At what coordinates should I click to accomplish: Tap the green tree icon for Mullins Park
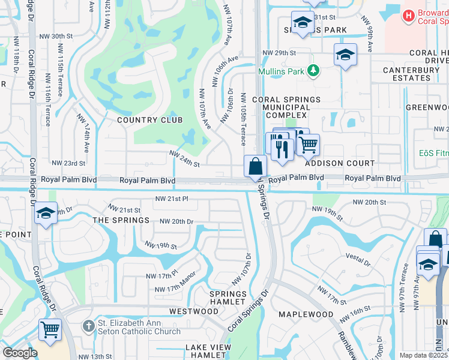312,71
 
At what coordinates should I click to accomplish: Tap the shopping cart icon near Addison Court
308,144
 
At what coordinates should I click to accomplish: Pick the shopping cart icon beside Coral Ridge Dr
50,329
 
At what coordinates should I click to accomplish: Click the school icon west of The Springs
45,213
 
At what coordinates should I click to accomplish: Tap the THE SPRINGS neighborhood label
121,220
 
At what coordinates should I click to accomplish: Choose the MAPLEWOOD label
306,314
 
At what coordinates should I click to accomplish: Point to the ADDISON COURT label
339,163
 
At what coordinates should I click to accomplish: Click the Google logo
20,353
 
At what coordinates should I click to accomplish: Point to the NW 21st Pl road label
172,199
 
